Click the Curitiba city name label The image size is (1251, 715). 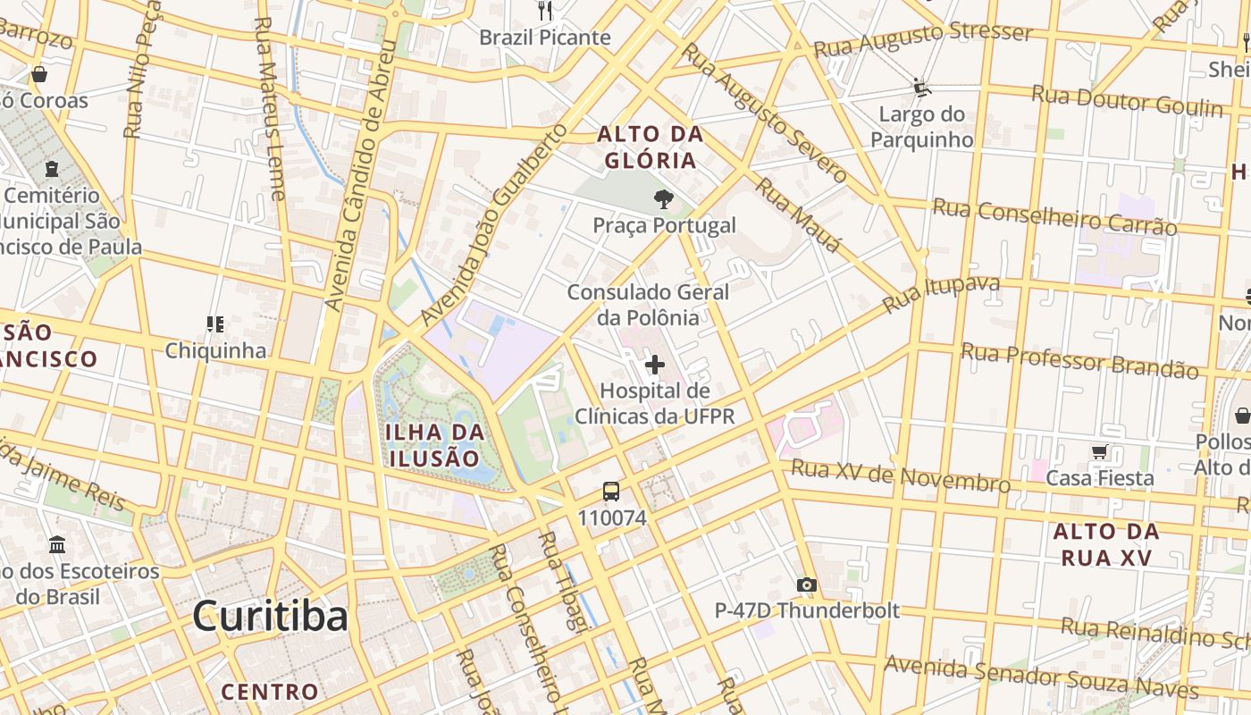click(270, 616)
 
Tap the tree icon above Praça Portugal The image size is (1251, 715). click(663, 199)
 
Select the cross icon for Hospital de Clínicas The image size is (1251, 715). click(655, 365)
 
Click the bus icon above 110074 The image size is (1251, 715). click(611, 492)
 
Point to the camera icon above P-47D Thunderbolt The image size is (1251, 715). click(807, 585)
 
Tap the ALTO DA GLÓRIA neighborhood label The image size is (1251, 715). click(650, 147)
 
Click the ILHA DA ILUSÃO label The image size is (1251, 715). click(435, 445)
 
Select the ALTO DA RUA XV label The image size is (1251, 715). click(1106, 544)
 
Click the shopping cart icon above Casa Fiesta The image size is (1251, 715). click(1099, 452)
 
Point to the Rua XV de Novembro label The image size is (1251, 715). click(901, 475)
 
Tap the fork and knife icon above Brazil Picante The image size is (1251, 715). click(545, 11)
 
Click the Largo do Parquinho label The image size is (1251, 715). click(922, 127)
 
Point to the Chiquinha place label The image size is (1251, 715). click(215, 349)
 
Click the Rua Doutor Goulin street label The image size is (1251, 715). click(1127, 101)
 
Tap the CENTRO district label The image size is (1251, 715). click(270, 691)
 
